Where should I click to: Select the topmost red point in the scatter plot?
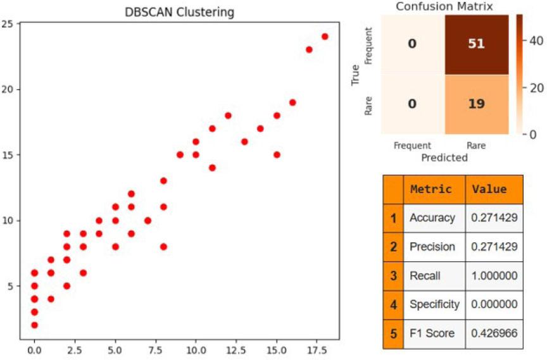tap(325, 37)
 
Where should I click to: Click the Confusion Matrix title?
tap(445, 6)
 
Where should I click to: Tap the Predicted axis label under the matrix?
tap(444, 158)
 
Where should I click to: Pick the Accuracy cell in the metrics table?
tap(432, 218)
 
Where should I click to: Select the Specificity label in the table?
tap(434, 304)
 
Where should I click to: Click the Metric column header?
tap(431, 189)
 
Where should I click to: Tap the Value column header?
tap(489, 189)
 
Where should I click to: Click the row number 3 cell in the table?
tap(393, 276)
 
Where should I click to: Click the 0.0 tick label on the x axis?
tap(34, 349)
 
